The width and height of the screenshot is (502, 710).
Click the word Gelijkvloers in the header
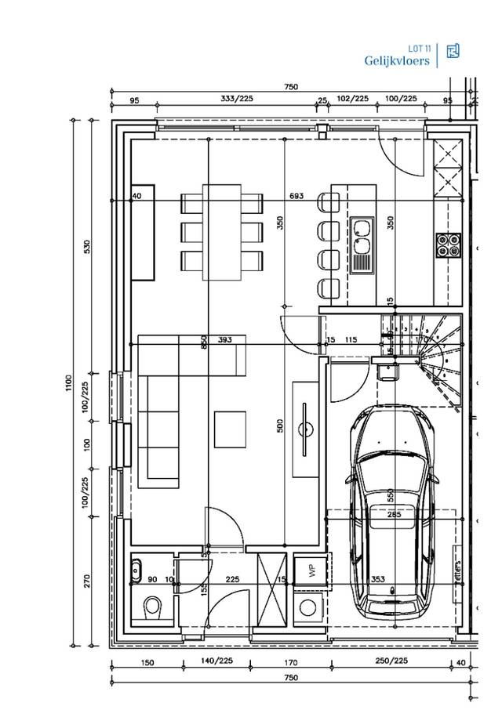(x=396, y=60)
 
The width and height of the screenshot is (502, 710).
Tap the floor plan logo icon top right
(x=452, y=52)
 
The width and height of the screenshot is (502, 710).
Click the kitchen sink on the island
(x=362, y=243)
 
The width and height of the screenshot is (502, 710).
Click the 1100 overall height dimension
(x=70, y=384)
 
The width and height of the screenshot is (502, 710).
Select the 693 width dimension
(x=296, y=195)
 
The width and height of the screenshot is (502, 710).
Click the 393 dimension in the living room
(x=224, y=339)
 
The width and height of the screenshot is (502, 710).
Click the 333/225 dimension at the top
(x=236, y=99)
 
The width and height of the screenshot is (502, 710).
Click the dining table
(x=223, y=232)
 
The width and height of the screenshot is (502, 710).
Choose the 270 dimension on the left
(x=87, y=581)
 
